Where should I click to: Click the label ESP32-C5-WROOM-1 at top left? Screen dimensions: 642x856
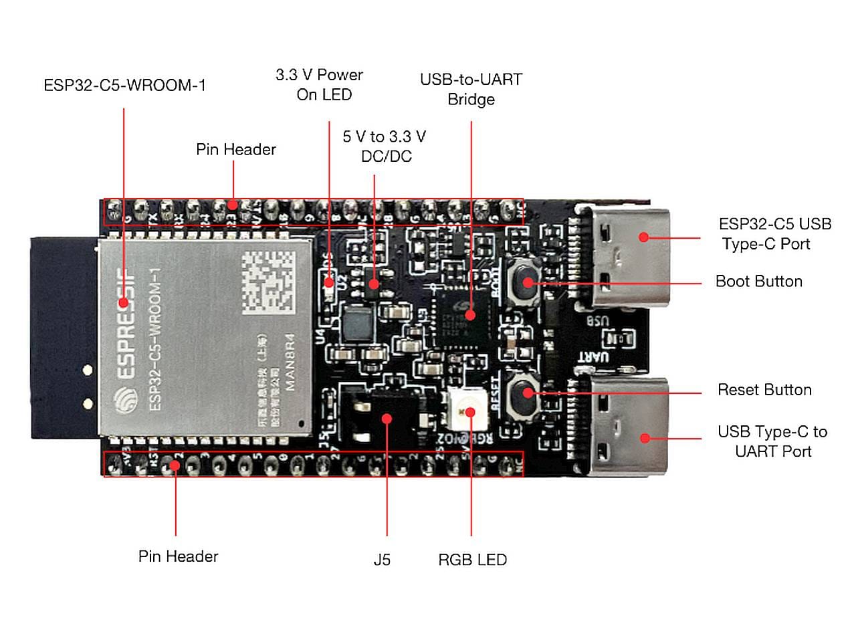tap(124, 86)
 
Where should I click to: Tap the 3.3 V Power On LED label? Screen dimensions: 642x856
tap(320, 85)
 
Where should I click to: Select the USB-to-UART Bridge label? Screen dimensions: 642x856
tap(471, 89)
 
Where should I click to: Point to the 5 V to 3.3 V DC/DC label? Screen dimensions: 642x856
tap(385, 146)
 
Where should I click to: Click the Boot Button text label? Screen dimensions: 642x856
tap(758, 282)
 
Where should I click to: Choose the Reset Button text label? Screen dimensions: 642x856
tap(764, 390)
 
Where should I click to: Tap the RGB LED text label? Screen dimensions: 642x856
tap(472, 560)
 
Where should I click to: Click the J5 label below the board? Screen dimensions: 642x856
tap(382, 560)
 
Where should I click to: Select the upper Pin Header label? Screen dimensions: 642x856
tap(235, 149)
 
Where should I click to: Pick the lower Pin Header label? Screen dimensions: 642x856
tap(178, 556)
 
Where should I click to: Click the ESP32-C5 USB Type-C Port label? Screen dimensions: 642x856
tap(774, 234)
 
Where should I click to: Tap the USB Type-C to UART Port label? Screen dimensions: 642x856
tap(772, 441)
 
